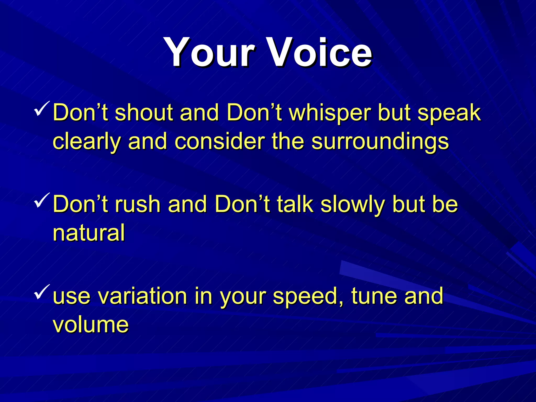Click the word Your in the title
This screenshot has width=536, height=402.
[x=209, y=52]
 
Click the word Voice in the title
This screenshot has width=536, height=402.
[x=321, y=52]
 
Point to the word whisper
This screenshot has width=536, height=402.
[x=330, y=113]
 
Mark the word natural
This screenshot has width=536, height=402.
[x=89, y=233]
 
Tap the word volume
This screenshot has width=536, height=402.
[x=91, y=325]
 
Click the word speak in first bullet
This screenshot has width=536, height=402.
[x=449, y=113]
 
